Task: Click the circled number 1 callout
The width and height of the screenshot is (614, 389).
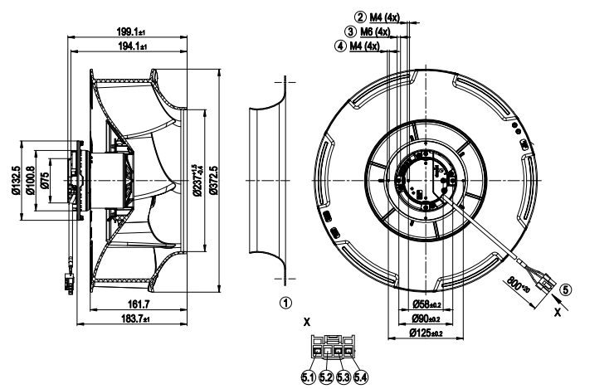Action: (x=286, y=304)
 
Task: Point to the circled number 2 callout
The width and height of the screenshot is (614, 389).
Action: (x=361, y=17)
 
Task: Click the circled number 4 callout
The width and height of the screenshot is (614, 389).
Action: (x=340, y=46)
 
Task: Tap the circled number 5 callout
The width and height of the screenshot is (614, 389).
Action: (x=566, y=290)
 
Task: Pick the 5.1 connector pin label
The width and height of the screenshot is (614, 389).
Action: (x=307, y=378)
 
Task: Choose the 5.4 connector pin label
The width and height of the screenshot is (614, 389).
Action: (x=360, y=378)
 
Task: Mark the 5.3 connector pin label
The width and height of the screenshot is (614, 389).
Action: (x=343, y=378)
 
